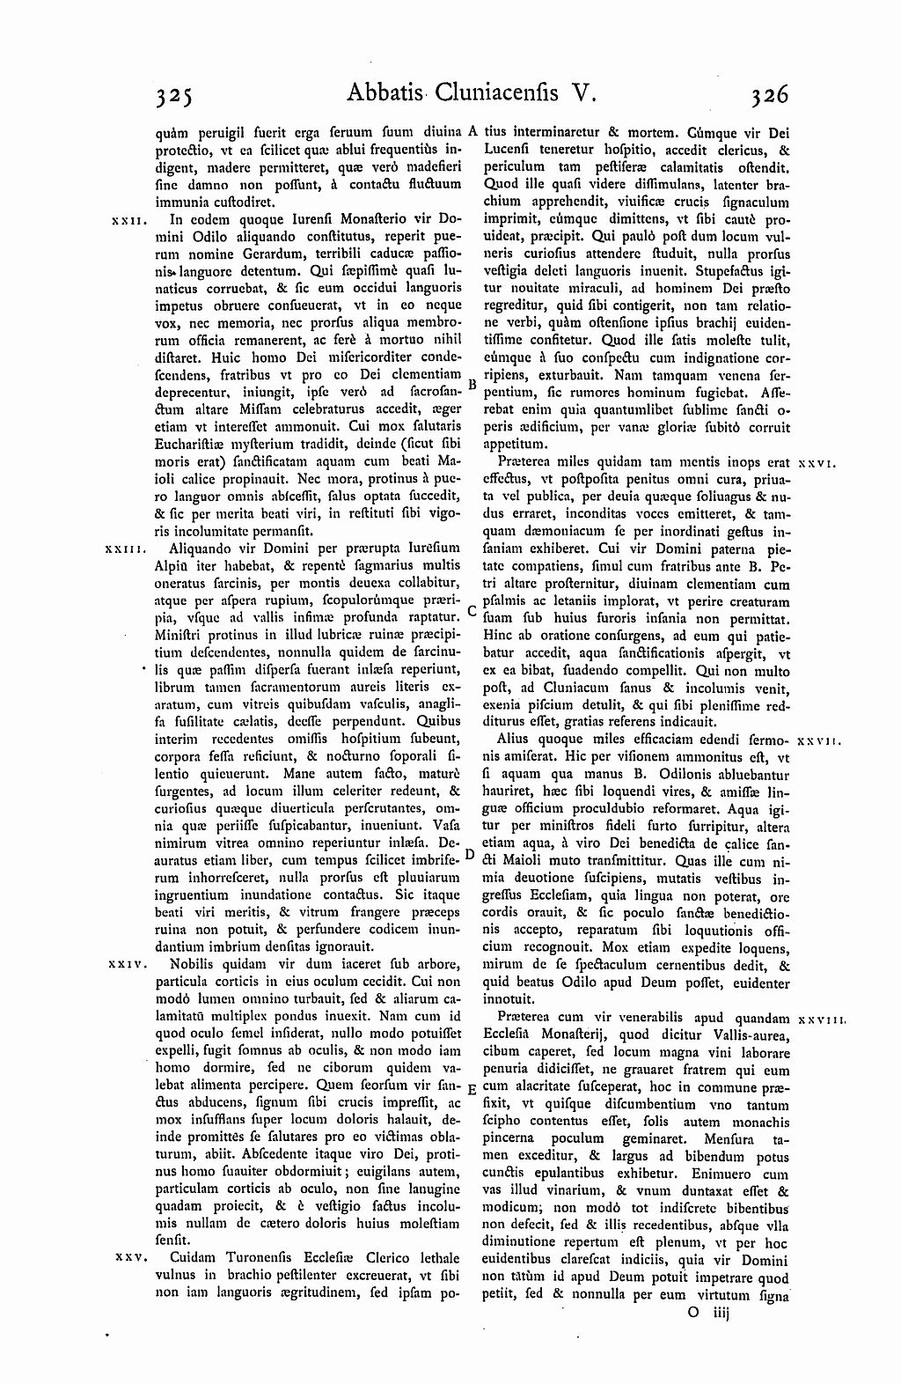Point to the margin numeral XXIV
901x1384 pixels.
[125, 965]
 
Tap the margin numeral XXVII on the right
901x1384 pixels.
[820, 741]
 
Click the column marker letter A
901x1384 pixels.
[472, 131]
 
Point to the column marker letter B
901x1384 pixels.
[472, 385]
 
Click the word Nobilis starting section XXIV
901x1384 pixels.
[193, 965]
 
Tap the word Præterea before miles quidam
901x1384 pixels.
[526, 461]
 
